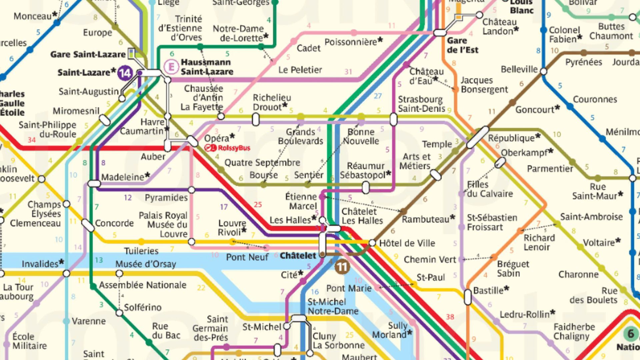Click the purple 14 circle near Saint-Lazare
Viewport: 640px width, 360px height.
pyautogui.click(x=125, y=73)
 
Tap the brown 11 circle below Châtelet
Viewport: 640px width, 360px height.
pyautogui.click(x=342, y=267)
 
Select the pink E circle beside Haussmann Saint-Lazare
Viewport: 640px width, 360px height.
pyautogui.click(x=171, y=67)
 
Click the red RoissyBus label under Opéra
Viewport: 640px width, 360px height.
pyautogui.click(x=227, y=148)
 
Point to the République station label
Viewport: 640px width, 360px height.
pyautogui.click(x=514, y=138)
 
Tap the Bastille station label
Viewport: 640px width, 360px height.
pyautogui.click(x=491, y=290)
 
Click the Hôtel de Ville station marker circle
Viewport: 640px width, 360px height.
pyautogui.click(x=372, y=243)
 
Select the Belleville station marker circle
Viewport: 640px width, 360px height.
pyautogui.click(x=543, y=71)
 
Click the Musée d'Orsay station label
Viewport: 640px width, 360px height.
pyautogui.click(x=146, y=264)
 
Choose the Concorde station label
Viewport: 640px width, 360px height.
pyautogui.click(x=114, y=223)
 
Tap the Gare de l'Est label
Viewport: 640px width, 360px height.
pyautogui.click(x=462, y=45)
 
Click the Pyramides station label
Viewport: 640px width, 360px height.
pyautogui.click(x=166, y=198)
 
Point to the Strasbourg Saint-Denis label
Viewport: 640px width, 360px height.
pyautogui.click(x=421, y=104)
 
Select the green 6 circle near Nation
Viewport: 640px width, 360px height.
pyautogui.click(x=631, y=334)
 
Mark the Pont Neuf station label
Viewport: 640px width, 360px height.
pyautogui.click(x=247, y=257)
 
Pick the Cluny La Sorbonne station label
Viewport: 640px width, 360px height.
pyautogui.click(x=338, y=341)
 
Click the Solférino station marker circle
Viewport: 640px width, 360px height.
pyautogui.click(x=119, y=313)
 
